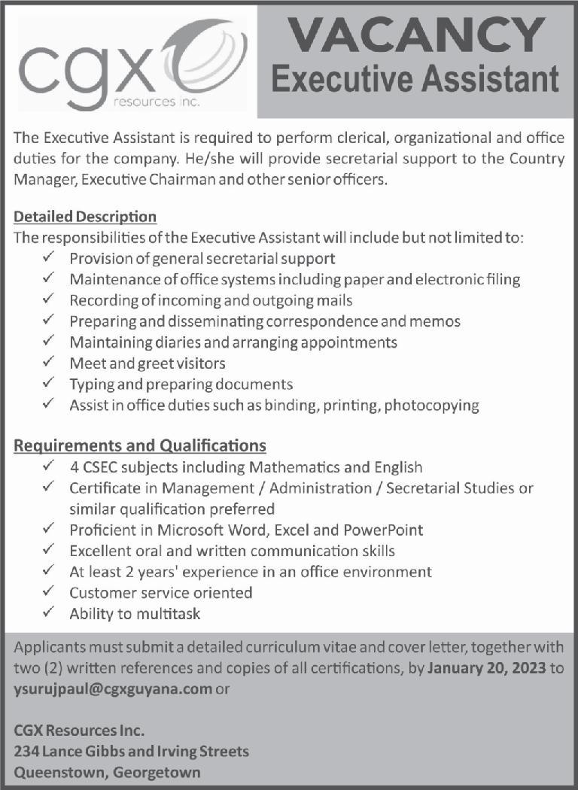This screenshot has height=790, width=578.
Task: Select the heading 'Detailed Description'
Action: pyautogui.click(x=85, y=217)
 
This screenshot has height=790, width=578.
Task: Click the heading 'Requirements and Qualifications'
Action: pyautogui.click(x=140, y=445)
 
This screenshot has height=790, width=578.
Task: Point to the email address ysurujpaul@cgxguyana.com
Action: pyautogui.click(x=113, y=689)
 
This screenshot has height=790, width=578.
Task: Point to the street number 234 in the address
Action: pyautogui.click(x=27, y=751)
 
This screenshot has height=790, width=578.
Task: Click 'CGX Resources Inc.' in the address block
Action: pyautogui.click(x=79, y=731)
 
